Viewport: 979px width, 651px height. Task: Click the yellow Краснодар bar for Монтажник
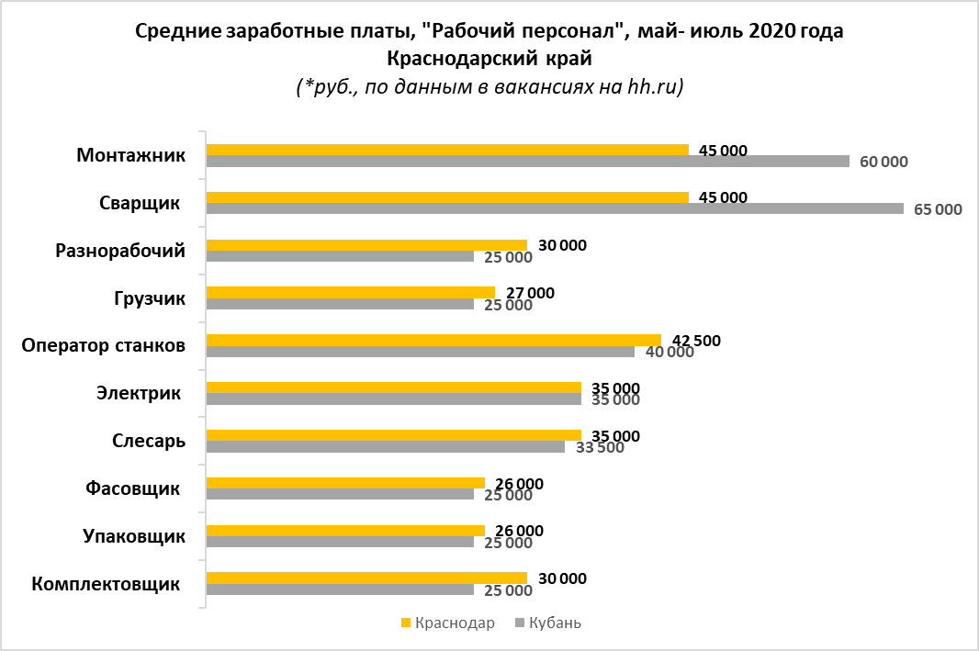pos(447,150)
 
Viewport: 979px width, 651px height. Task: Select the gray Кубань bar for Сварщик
pos(555,208)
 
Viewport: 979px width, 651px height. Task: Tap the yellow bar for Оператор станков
pos(433,340)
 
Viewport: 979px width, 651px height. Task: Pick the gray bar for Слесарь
pos(386,447)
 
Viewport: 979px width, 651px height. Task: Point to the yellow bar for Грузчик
pos(351,292)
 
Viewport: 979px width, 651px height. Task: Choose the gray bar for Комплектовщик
pos(340,589)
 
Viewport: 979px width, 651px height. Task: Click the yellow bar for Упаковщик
pos(345,530)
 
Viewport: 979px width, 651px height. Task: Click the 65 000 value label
pos(939,209)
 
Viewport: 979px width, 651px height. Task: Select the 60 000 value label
pos(883,163)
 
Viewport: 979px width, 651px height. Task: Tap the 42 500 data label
pos(696,341)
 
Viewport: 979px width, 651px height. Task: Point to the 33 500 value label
pos(599,448)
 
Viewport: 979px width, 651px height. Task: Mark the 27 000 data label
pos(530,293)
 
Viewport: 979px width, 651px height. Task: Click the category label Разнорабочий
pos(120,251)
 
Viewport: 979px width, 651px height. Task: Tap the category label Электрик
pos(137,393)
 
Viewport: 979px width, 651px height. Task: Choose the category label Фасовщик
pos(131,488)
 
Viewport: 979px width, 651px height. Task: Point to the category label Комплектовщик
pos(105,584)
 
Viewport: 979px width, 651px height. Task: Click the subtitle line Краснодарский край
pos(489,59)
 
